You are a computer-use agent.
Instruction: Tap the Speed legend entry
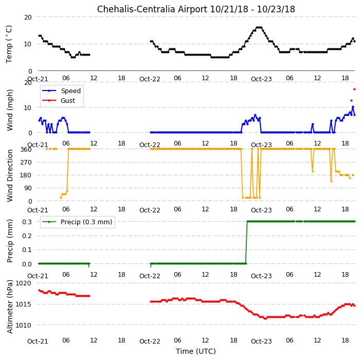61,91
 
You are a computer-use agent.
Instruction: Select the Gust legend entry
59,100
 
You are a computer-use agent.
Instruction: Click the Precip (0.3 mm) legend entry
77,222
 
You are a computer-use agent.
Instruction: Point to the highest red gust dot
354,89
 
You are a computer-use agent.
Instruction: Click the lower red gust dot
351,100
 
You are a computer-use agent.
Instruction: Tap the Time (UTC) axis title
196,351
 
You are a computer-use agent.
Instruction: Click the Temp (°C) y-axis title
9,44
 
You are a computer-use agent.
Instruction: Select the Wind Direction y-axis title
10,175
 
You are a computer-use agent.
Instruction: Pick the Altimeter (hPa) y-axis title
10,307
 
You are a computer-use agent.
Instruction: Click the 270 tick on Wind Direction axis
26,163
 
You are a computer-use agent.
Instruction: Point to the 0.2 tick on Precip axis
27,236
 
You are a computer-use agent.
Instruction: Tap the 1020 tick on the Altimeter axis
23,283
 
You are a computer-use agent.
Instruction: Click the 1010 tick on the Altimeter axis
23,325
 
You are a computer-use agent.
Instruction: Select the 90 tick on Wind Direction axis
28,188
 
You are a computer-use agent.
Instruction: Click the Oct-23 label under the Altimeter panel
261,341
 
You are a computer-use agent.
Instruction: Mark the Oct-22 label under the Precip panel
150,276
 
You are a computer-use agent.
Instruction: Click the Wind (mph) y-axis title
10,110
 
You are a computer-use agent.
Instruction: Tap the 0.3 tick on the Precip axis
27,222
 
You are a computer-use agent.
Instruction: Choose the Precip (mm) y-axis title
10,241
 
